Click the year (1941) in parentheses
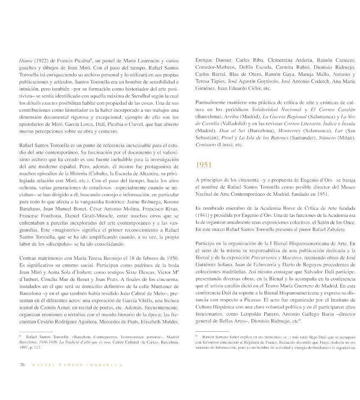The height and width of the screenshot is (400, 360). coord(204,215)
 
